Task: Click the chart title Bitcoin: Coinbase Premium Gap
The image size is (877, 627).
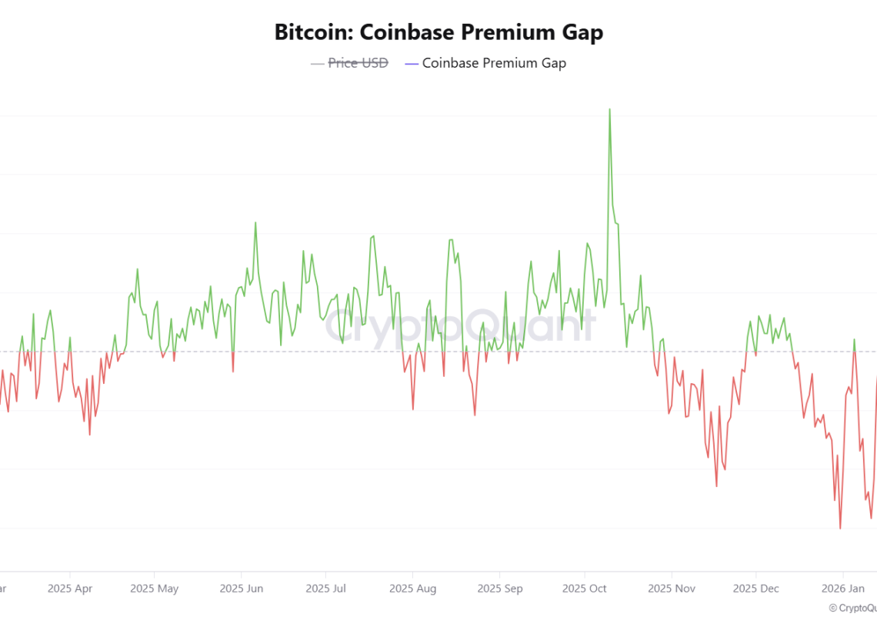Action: tap(438, 32)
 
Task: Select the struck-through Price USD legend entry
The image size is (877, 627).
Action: tap(358, 63)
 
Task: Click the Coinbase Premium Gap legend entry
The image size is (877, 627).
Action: tap(494, 63)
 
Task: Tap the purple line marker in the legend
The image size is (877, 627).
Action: tap(411, 64)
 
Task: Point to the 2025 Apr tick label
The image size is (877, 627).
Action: tap(70, 589)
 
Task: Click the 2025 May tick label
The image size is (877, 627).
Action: tap(155, 589)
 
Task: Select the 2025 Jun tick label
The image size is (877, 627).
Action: tap(242, 589)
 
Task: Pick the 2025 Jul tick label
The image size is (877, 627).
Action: tap(325, 589)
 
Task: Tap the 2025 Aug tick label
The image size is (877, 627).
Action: tap(413, 589)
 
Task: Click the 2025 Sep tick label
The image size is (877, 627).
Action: tap(500, 589)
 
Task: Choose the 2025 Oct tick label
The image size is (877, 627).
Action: tap(585, 589)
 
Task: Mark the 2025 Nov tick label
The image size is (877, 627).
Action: tap(672, 589)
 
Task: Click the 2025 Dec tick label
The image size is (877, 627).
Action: tap(756, 589)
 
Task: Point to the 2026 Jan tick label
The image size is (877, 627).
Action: tap(843, 589)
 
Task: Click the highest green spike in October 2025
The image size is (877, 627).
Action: tap(610, 109)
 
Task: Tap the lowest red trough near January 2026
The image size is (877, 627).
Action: tap(840, 529)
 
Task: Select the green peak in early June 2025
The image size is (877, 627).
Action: tap(255, 223)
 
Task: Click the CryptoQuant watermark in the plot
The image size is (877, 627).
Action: tap(460, 325)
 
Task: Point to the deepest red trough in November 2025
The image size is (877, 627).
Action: tap(716, 486)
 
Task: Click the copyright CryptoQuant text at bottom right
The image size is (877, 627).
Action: tap(852, 608)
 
